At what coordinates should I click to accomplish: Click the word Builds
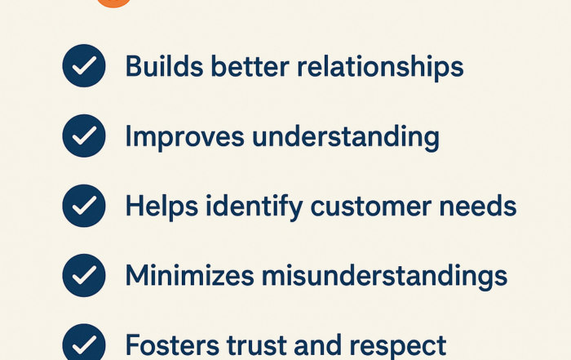[164, 66]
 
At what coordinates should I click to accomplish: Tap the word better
[250, 66]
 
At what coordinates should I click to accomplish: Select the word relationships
[380, 67]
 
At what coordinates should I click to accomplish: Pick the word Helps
[162, 207]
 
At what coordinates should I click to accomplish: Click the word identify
[255, 207]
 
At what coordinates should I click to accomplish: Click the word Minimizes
[190, 275]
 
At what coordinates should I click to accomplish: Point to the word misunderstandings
[384, 276]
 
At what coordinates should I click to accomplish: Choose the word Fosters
[172, 344]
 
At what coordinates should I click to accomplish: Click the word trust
[257, 345]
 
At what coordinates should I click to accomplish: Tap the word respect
[398, 346]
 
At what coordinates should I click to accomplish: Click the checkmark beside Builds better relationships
[84, 66]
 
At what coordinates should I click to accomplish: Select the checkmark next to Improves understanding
[84, 136]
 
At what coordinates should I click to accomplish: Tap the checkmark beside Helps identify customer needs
[84, 206]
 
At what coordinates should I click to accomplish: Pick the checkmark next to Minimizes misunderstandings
[84, 275]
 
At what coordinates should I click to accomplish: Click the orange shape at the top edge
[113, 3]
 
